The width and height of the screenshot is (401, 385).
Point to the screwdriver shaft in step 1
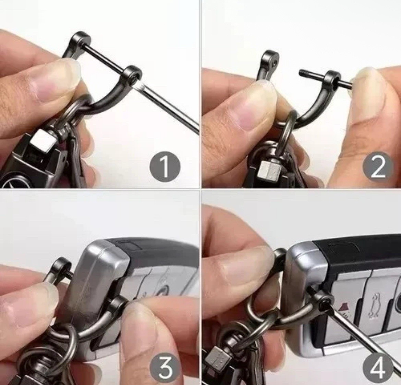[171, 106]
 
